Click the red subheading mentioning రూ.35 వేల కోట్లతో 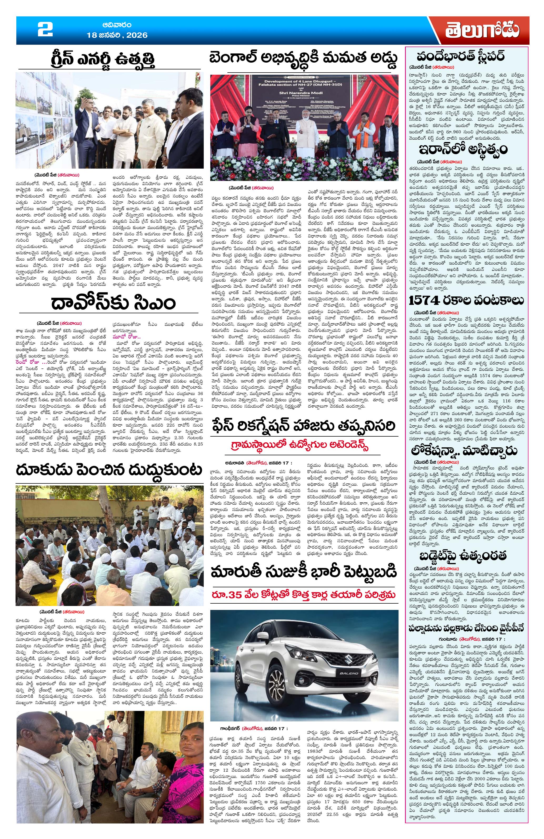pyautogui.click(x=304, y=595)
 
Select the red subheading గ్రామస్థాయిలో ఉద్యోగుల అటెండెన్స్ pyautogui.click(x=304, y=446)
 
